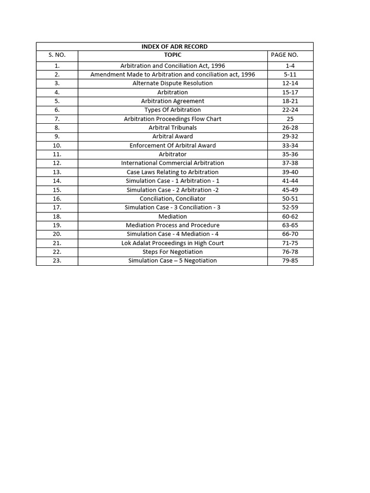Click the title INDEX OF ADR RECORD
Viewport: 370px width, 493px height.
(x=174, y=47)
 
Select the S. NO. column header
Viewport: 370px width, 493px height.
(x=57, y=55)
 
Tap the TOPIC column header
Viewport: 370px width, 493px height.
(x=172, y=55)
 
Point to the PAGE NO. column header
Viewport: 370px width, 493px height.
(x=285, y=55)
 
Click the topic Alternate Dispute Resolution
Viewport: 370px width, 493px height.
(x=172, y=83)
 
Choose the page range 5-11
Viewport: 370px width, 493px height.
(x=290, y=75)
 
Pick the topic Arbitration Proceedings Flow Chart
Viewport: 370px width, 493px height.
(x=172, y=119)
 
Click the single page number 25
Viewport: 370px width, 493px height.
(x=290, y=119)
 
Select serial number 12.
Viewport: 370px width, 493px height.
(x=57, y=163)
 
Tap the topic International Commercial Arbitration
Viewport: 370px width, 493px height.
(x=172, y=163)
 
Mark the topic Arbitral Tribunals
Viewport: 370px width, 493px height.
(x=172, y=128)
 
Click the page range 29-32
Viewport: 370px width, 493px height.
(x=290, y=137)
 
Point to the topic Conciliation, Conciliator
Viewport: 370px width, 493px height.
(x=172, y=199)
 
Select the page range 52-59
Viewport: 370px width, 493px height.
(x=290, y=208)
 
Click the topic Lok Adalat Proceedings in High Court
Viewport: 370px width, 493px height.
(x=172, y=243)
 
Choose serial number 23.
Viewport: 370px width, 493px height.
(x=57, y=261)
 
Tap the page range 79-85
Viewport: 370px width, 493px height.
(x=290, y=261)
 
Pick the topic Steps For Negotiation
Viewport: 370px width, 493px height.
(x=172, y=252)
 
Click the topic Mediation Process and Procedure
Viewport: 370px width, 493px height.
(x=172, y=225)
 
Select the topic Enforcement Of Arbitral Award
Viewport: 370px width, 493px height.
(x=172, y=145)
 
